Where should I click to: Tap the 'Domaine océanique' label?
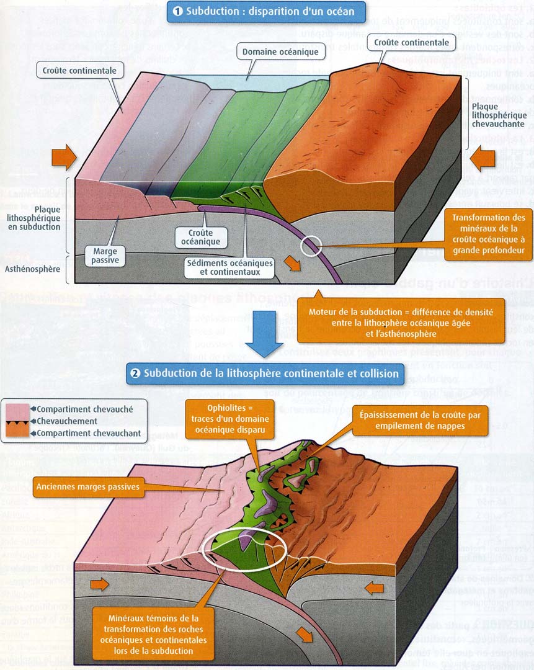click(x=280, y=52)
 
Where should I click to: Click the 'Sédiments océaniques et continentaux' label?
click(x=229, y=267)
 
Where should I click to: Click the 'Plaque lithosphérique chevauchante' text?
click(x=494, y=114)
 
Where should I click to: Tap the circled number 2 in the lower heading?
click(x=135, y=374)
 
